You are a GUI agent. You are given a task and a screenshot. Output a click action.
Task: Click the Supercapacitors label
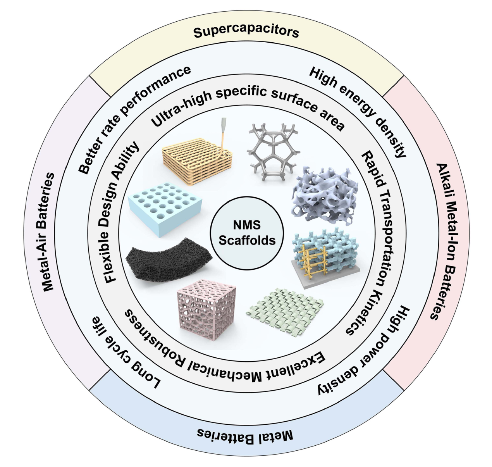pyautogui.click(x=246, y=32)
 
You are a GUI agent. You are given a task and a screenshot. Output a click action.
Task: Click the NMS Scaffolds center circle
pyautogui.click(x=247, y=233)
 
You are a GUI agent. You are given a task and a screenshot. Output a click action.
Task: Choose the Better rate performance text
pyautogui.click(x=134, y=120)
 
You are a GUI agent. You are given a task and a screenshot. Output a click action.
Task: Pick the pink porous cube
pyautogui.click(x=206, y=306)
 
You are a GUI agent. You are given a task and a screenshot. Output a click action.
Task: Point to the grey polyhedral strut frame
pyautogui.click(x=273, y=152)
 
